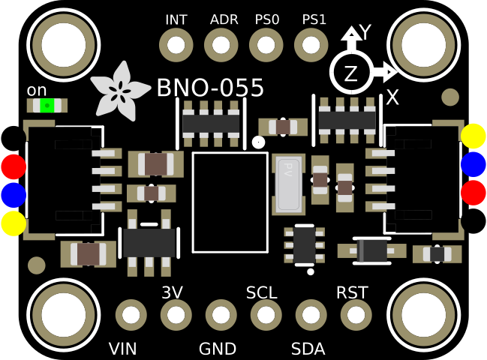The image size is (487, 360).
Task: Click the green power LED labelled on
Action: tap(47, 106)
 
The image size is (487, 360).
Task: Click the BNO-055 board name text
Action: tap(210, 88)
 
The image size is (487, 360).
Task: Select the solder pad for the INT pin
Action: tap(176, 46)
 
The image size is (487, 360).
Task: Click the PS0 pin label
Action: tap(266, 19)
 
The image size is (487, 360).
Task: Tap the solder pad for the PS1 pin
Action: tap(311, 46)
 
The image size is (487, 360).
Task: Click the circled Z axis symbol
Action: tap(350, 73)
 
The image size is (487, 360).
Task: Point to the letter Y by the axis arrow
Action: tap(365, 31)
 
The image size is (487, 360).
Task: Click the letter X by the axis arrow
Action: tap(392, 97)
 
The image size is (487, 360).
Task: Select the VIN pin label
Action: tap(122, 349)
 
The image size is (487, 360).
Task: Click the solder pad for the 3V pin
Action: tap(176, 315)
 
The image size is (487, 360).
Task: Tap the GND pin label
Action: tap(218, 349)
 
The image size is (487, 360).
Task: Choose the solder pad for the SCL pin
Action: tap(266, 315)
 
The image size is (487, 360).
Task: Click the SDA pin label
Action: tap(308, 349)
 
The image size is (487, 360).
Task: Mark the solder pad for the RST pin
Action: tap(356, 315)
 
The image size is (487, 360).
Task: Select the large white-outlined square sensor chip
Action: tap(230, 202)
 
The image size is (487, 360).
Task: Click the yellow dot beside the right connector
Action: tap(473, 136)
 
